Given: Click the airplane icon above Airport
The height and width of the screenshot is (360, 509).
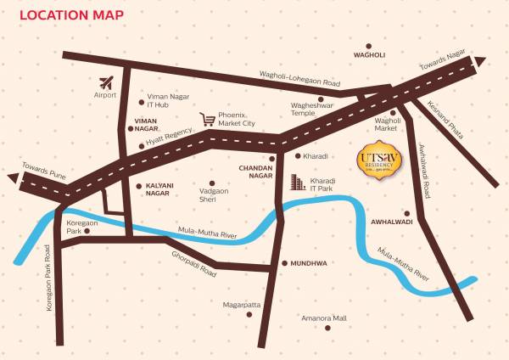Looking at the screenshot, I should point(106,83).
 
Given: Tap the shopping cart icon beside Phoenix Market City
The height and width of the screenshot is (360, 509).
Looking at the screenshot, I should point(207,119).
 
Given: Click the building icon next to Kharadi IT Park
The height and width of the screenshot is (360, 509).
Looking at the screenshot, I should point(297,182).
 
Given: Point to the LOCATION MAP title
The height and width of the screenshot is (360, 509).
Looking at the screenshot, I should point(71,14).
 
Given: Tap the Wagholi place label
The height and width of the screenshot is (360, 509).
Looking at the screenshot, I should point(369,54).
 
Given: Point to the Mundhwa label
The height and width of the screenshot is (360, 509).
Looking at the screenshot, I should point(309,264).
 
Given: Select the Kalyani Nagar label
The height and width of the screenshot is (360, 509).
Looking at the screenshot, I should point(158,189).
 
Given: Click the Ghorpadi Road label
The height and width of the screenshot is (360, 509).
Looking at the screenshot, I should point(194,265).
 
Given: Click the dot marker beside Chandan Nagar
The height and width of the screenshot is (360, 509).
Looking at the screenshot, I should point(272,157).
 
